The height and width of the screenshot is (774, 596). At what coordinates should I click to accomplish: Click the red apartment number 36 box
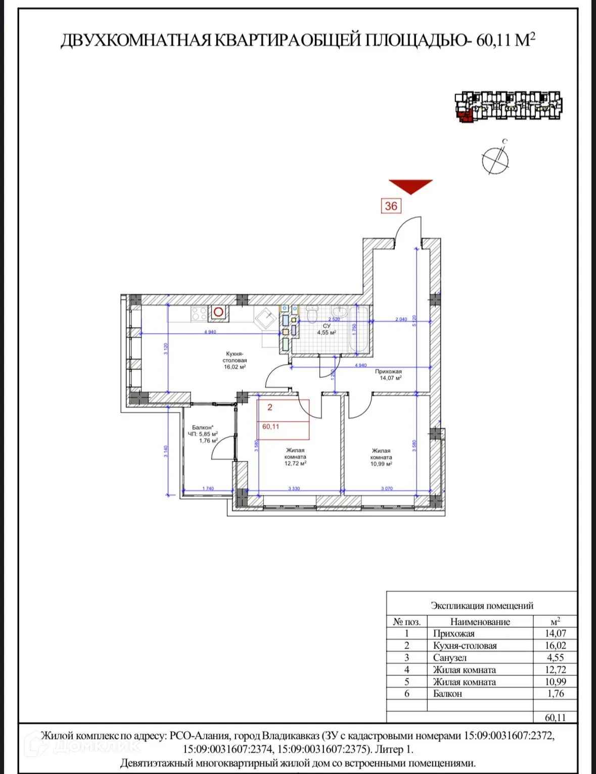[x=391, y=206]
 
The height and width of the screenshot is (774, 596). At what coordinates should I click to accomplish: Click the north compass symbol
[x=495, y=160]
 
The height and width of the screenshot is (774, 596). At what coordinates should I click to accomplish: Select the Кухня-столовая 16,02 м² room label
[x=235, y=360]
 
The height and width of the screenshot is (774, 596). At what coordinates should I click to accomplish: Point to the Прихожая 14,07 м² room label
[x=388, y=374]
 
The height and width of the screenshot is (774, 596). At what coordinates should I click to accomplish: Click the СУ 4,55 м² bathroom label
[x=327, y=329]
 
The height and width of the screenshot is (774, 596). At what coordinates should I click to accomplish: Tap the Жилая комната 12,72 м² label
[x=295, y=457]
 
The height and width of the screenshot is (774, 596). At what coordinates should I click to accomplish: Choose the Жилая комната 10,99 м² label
[x=381, y=457]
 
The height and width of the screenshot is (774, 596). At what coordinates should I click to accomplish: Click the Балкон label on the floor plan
[x=203, y=427]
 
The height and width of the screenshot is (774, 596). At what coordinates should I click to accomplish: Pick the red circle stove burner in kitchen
[x=218, y=312]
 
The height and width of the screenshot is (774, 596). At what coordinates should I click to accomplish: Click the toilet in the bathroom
[x=312, y=315]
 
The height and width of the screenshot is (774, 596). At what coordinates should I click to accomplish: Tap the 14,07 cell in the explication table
[x=555, y=633]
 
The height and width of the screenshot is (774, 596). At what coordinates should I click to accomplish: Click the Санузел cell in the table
[x=450, y=657]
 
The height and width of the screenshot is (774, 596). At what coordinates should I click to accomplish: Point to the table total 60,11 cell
[x=555, y=717]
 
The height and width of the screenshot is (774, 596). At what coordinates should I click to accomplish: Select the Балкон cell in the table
[x=447, y=694]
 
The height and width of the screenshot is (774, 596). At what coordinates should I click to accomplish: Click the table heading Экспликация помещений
[x=482, y=605]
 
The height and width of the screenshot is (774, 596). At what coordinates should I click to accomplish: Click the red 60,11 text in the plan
[x=270, y=426]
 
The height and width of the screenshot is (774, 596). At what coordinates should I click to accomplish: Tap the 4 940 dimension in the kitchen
[x=210, y=332]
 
